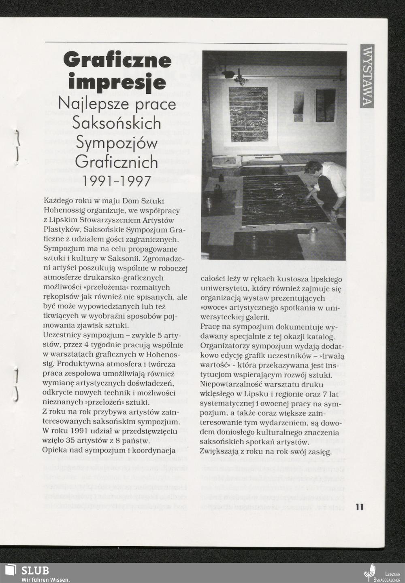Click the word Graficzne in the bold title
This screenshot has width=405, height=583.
point(117,61)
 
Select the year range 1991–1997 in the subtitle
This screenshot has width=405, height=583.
point(117,181)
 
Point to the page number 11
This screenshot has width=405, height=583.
point(359,507)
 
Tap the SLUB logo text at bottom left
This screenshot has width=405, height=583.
point(35,570)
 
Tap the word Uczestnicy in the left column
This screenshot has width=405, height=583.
point(61,336)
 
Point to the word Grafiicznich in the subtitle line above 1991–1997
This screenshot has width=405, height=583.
point(117,162)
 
